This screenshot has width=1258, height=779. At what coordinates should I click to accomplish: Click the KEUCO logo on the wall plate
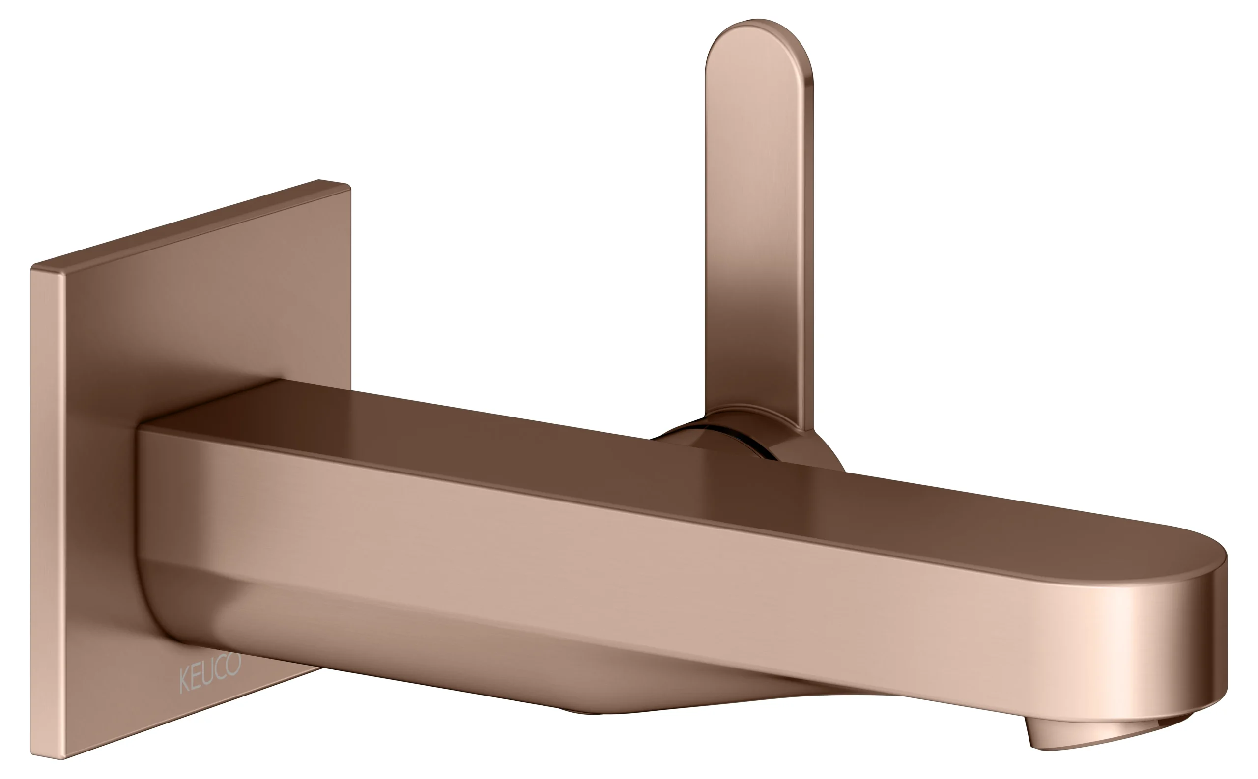(210, 672)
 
